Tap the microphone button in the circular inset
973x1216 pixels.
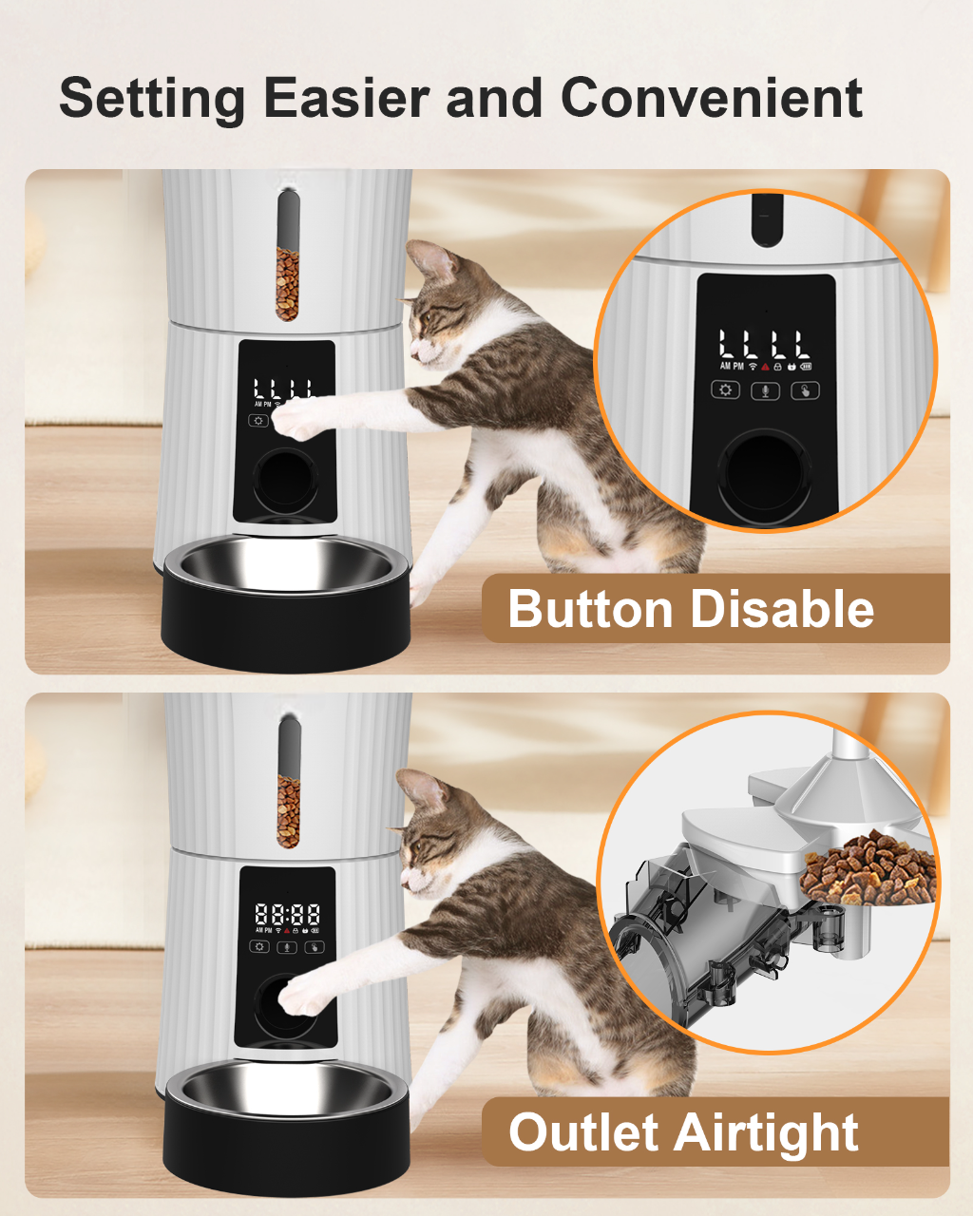pos(766,390)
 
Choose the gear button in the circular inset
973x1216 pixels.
pos(726,390)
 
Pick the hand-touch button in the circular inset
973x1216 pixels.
pos(805,390)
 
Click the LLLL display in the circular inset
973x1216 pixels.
pos(765,344)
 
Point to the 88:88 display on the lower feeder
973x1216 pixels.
pos(287,915)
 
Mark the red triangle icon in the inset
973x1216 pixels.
pos(765,366)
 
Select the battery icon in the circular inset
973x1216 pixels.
pos(806,366)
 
